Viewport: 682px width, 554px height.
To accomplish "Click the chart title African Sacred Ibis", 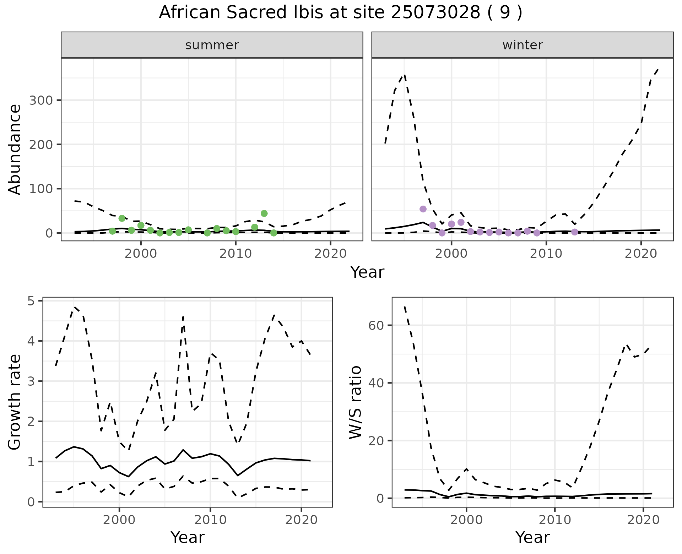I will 340,13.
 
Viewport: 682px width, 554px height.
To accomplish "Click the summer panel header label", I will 212,45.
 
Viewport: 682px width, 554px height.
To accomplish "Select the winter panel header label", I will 523,45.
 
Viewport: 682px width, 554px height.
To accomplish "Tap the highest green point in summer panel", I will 264,213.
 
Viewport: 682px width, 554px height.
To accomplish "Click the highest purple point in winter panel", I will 423,209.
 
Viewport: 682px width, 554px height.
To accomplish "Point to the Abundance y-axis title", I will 15,149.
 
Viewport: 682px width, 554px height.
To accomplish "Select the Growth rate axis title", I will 15,402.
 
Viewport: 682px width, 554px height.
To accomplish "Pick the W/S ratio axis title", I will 355,402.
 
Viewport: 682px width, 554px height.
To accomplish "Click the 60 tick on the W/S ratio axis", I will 377,325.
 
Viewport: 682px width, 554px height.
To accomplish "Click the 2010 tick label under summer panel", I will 236,254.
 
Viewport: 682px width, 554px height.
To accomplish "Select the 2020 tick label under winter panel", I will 641,254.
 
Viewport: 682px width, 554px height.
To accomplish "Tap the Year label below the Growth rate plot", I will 187,537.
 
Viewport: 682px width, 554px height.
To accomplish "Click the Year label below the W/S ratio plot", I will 532,537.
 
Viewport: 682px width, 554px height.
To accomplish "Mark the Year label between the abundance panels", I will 367,272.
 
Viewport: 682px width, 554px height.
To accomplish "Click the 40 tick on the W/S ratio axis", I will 377,383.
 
